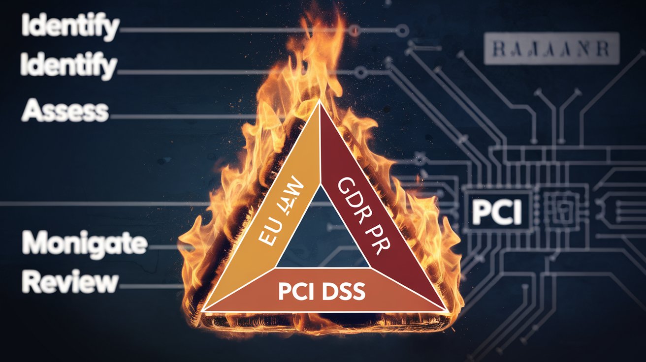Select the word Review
click(x=70, y=282)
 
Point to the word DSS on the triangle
click(x=344, y=292)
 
